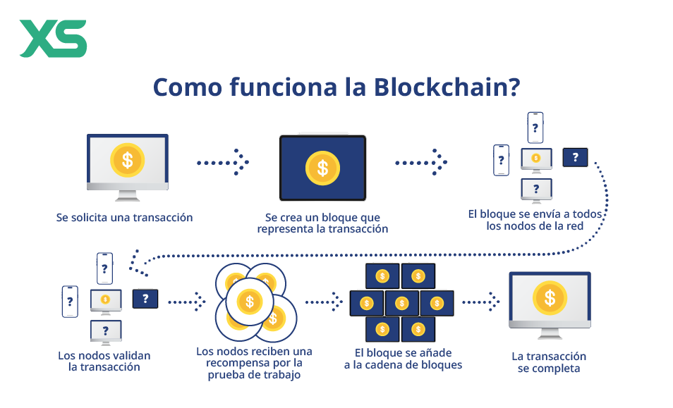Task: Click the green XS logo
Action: click(x=52, y=39)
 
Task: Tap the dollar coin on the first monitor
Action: click(x=127, y=159)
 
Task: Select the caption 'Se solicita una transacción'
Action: click(x=124, y=218)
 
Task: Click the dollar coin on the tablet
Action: click(x=322, y=168)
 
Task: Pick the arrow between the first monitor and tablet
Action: click(x=223, y=162)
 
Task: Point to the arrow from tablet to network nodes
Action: click(x=421, y=162)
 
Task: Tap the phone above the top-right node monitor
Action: click(x=535, y=128)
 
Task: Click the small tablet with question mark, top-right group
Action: click(x=575, y=157)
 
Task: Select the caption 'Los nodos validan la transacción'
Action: click(x=104, y=361)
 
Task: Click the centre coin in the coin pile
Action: click(x=249, y=302)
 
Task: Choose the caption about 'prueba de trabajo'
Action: click(x=254, y=363)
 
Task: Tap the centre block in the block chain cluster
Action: click(x=401, y=303)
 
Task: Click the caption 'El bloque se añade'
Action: click(x=404, y=352)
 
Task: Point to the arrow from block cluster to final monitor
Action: click(x=481, y=302)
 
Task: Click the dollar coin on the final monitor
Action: click(x=550, y=297)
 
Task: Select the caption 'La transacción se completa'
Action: click(x=549, y=362)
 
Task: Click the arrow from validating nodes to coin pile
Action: click(x=187, y=302)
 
